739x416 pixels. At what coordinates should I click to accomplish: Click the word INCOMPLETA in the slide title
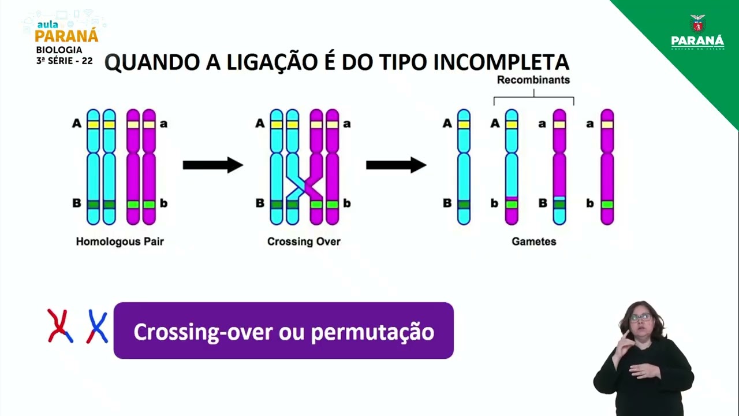pyautogui.click(x=501, y=62)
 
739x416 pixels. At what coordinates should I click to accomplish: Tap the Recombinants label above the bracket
pyautogui.click(x=533, y=80)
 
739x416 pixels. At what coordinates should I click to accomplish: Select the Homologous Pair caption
pyautogui.click(x=120, y=242)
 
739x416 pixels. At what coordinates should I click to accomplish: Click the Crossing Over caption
pyautogui.click(x=304, y=242)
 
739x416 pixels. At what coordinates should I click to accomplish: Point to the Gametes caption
pyautogui.click(x=534, y=242)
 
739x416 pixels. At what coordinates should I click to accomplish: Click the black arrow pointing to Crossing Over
pyautogui.click(x=212, y=165)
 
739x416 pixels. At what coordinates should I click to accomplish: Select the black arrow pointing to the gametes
pyautogui.click(x=396, y=165)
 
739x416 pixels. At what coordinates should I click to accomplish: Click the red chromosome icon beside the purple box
pyautogui.click(x=60, y=326)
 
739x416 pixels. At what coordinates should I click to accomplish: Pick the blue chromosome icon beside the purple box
pyautogui.click(x=97, y=327)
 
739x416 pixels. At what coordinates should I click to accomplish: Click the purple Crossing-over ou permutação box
pyautogui.click(x=283, y=330)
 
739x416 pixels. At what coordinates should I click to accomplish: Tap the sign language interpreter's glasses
pyautogui.click(x=640, y=317)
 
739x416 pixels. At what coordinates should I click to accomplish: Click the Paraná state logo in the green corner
pyautogui.click(x=697, y=32)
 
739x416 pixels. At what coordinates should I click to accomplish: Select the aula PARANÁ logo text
pyautogui.click(x=66, y=32)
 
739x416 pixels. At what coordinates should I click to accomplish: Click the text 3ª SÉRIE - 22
pyautogui.click(x=64, y=60)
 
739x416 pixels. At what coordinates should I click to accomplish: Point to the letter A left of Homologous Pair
pyautogui.click(x=77, y=123)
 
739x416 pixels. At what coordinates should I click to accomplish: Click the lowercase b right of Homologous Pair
pyautogui.click(x=163, y=203)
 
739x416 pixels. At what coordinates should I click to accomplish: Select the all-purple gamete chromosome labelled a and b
pyautogui.click(x=607, y=166)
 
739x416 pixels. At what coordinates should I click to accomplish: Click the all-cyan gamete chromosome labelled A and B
pyautogui.click(x=464, y=166)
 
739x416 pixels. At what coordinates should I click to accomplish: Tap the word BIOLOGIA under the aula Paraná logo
pyautogui.click(x=59, y=50)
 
